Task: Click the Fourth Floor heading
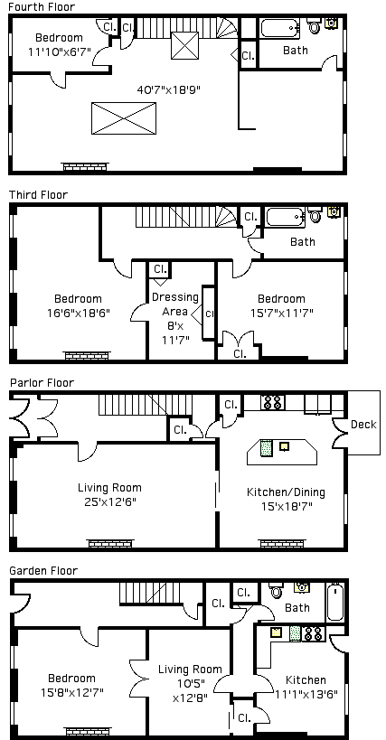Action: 42,6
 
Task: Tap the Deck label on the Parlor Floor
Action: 363,425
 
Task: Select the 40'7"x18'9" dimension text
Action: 168,89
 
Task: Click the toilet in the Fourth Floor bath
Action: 315,25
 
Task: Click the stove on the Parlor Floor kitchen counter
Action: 273,403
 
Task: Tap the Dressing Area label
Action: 175,304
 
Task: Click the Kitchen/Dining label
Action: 286,492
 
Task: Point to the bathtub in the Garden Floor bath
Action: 335,602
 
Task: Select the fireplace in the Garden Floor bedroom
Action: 89,731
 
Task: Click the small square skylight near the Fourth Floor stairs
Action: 184,45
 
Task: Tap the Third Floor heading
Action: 39,195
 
